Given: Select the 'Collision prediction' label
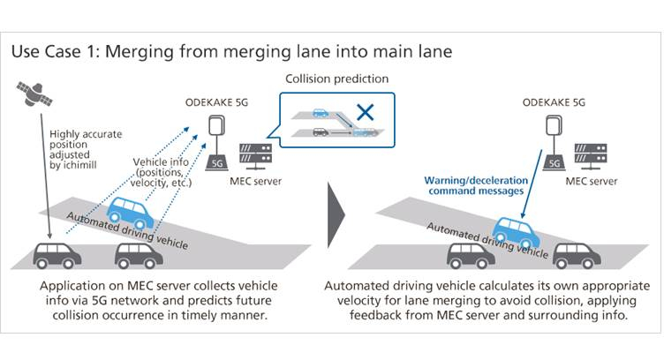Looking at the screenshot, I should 336,79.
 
